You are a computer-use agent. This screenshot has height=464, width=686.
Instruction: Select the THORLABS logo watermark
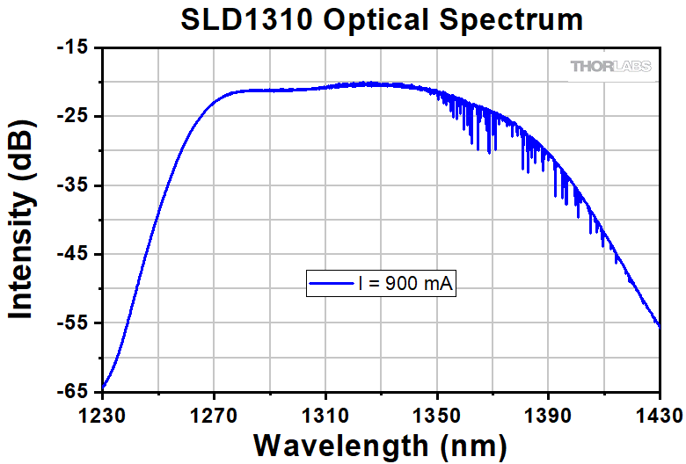(x=611, y=66)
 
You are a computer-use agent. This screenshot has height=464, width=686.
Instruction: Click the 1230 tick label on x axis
(x=103, y=414)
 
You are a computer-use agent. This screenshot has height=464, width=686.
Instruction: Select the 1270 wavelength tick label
(x=215, y=414)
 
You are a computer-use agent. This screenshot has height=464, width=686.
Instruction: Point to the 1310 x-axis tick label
(x=325, y=414)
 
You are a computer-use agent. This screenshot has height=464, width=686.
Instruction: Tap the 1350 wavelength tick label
(x=437, y=414)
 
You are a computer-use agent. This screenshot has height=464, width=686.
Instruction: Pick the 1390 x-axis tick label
(x=548, y=414)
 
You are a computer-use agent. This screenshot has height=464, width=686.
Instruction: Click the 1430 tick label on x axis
(x=658, y=414)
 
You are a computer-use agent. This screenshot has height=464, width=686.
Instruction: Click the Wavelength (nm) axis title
(x=380, y=443)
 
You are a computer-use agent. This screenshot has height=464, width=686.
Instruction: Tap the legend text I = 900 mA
(x=408, y=283)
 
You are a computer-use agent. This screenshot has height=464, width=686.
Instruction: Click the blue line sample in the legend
(x=331, y=283)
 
